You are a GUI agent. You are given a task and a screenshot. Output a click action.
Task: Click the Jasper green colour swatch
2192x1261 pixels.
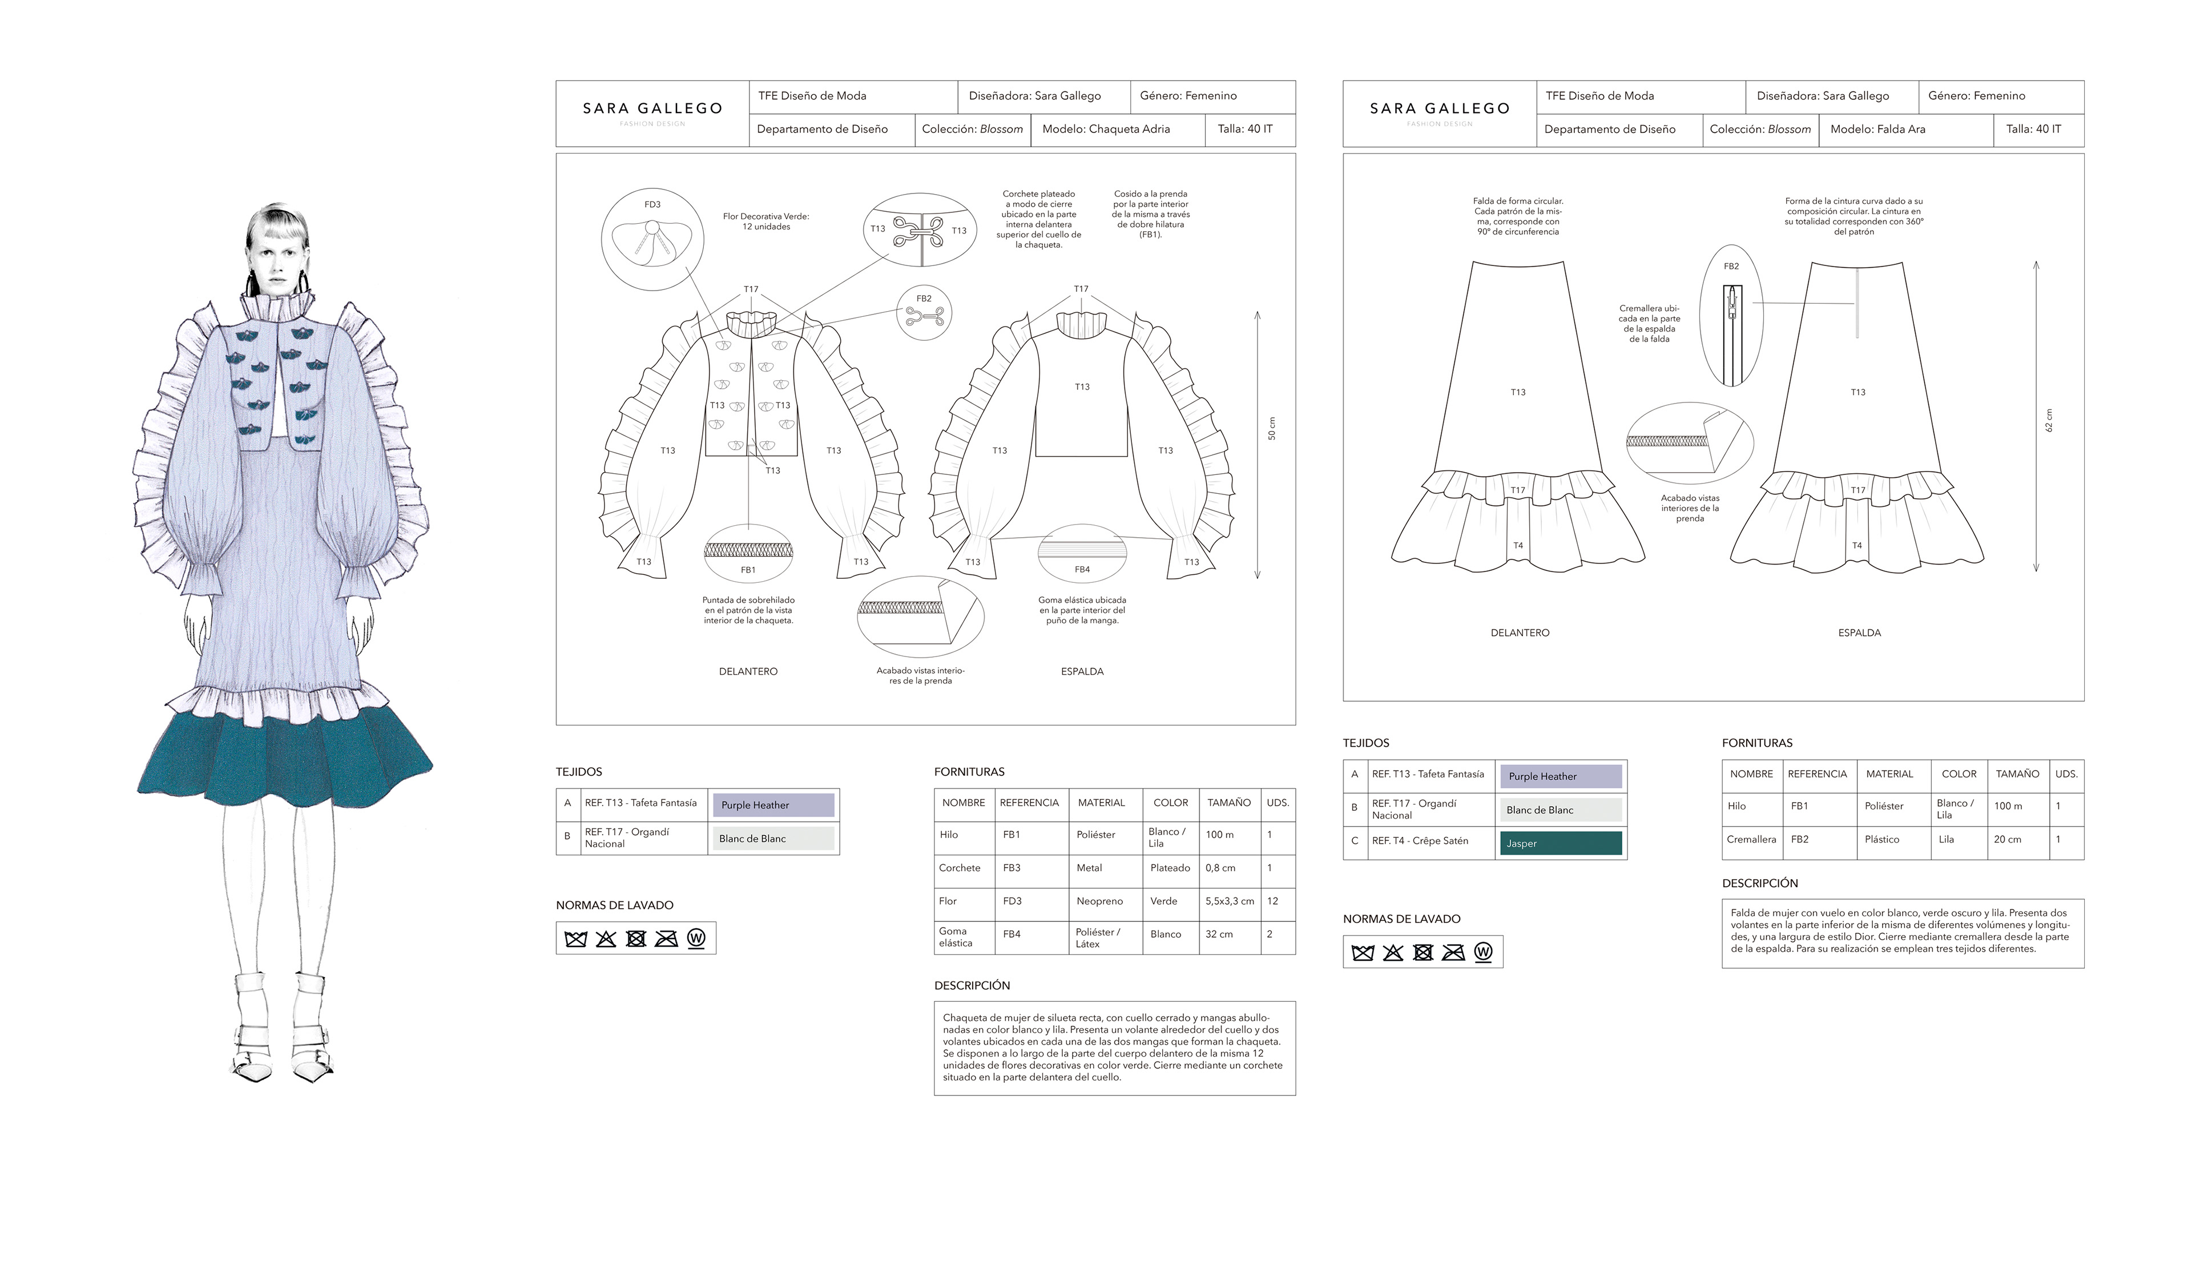(1561, 843)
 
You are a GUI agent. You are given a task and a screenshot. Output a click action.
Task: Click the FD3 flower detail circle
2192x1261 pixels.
(652, 240)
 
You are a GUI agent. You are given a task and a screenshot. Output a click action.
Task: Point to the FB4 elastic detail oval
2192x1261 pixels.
(1082, 553)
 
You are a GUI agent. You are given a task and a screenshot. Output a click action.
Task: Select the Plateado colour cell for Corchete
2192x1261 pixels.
(1170, 868)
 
